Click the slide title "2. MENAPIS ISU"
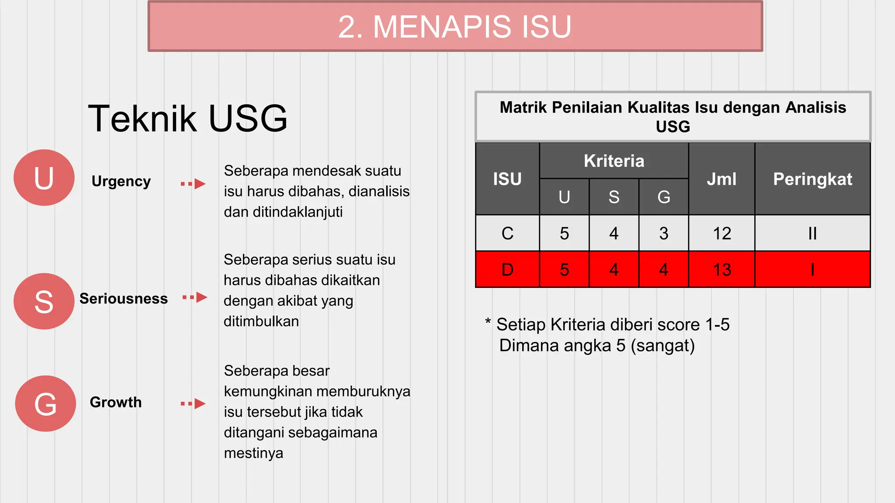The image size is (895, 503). [455, 27]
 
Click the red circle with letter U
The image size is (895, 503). [44, 178]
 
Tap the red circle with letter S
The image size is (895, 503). [44, 301]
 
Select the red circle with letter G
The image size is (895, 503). [45, 403]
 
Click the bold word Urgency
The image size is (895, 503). [121, 181]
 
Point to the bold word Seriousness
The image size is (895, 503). [124, 299]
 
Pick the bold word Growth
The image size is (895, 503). [116, 402]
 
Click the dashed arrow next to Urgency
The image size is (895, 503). [193, 184]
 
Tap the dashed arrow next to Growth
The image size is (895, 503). [193, 403]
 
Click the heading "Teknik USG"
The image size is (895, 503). [188, 118]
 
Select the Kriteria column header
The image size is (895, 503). [614, 161]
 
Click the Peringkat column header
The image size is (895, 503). [812, 179]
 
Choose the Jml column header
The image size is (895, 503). [722, 179]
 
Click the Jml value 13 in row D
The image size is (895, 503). [722, 270]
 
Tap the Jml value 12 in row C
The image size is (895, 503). [722, 234]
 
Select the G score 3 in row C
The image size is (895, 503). [664, 234]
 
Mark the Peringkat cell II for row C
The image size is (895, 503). [812, 234]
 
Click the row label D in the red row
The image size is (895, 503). [507, 270]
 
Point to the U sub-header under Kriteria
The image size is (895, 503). [564, 197]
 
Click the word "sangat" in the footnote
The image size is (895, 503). [663, 346]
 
